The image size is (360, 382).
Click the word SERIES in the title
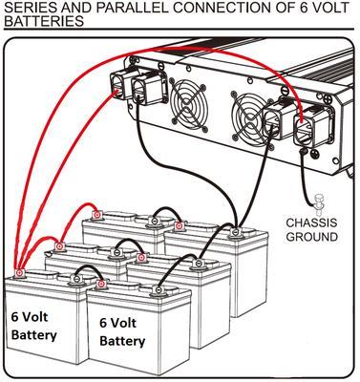[27, 7]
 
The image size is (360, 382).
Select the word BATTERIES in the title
[44, 21]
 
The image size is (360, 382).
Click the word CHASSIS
[311, 223]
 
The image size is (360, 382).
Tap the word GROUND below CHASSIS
[312, 237]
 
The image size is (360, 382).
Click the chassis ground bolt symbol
[317, 202]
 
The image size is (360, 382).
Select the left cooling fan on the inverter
[189, 102]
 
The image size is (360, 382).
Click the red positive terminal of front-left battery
[20, 273]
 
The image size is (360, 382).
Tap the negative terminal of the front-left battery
[76, 279]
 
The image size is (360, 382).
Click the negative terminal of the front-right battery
[158, 289]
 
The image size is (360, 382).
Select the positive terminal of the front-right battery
[101, 284]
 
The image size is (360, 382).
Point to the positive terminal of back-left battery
[97, 216]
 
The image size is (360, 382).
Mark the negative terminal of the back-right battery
[235, 232]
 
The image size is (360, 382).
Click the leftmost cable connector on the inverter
[120, 83]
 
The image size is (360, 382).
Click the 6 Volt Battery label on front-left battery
[33, 327]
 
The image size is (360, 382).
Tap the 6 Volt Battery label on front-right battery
[122, 332]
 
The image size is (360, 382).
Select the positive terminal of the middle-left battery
[59, 246]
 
